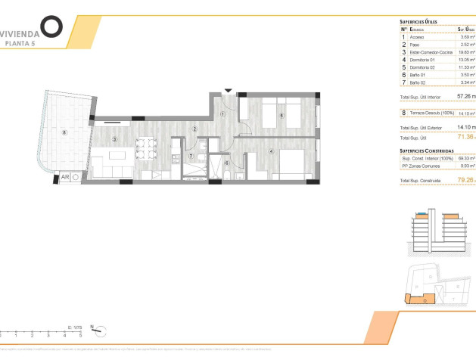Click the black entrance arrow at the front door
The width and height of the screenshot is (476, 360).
coord(228,91)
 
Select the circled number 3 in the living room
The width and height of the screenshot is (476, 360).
coord(114,139)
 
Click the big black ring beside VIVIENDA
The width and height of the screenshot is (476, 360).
coord(51,26)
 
